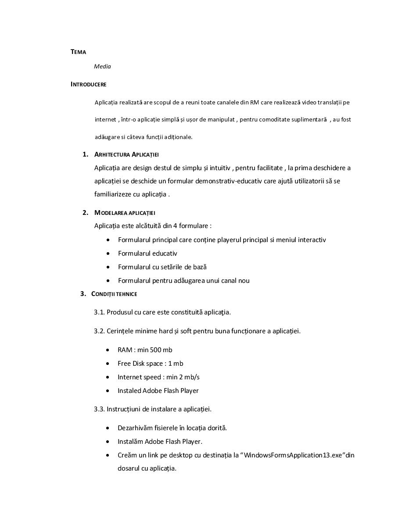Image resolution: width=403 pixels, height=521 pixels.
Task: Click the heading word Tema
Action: pyautogui.click(x=78, y=52)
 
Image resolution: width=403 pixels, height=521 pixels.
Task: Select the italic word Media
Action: pyautogui.click(x=102, y=67)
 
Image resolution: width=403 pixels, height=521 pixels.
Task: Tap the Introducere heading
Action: pyautogui.click(x=88, y=84)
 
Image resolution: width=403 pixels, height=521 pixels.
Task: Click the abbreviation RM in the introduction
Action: pyautogui.click(x=255, y=103)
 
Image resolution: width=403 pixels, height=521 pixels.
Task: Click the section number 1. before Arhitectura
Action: pyautogui.click(x=85, y=154)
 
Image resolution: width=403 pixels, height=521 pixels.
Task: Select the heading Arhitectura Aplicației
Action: pyautogui.click(x=126, y=154)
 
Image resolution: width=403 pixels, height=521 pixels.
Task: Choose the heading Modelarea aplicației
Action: pyautogui.click(x=125, y=213)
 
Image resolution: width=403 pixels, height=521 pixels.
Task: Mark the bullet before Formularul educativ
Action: pyautogui.click(x=108, y=254)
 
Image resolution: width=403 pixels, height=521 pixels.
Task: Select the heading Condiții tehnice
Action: pyautogui.click(x=114, y=294)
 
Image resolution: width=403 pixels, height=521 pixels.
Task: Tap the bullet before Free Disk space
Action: pyautogui.click(x=108, y=364)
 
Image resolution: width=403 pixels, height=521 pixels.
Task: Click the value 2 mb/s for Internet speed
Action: pyautogui.click(x=188, y=377)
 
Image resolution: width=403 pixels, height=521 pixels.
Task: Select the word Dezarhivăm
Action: pyautogui.click(x=134, y=428)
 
